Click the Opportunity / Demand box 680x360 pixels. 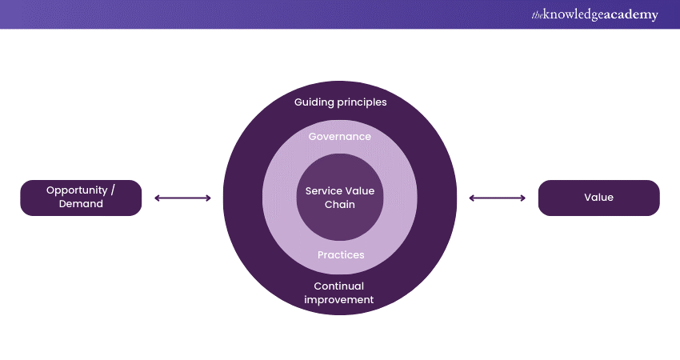pos(81,198)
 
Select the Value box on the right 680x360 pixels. pos(598,198)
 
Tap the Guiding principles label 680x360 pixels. pos(340,102)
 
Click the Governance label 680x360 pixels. pos(340,137)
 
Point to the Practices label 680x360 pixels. pos(340,255)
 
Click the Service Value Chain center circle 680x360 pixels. pos(340,198)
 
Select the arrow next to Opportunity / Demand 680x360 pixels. pos(182,198)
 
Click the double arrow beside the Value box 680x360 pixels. pos(498,198)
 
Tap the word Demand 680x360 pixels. pos(81,204)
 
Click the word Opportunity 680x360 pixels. pos(77,190)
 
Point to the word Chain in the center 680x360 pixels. pos(340,205)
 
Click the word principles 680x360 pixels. pos(361,102)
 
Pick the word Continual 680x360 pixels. pos(339,286)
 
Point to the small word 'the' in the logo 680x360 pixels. pos(536,14)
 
